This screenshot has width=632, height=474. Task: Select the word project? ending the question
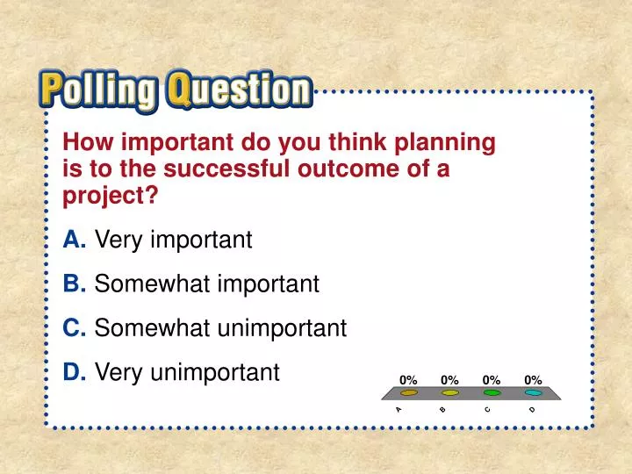click(111, 196)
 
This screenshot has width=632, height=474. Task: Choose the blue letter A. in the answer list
click(75, 239)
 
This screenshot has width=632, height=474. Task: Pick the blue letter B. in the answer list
click(75, 284)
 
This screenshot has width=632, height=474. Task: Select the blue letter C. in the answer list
click(75, 328)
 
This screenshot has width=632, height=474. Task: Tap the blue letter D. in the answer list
click(75, 373)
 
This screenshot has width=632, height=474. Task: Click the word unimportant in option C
click(284, 328)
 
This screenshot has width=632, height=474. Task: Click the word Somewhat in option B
click(152, 284)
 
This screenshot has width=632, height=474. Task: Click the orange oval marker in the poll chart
click(408, 393)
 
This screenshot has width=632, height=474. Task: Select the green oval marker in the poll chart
click(492, 393)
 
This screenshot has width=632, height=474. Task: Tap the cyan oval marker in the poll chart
click(533, 393)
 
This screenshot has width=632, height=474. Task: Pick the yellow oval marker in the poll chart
click(450, 393)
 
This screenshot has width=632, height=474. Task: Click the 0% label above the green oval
click(492, 379)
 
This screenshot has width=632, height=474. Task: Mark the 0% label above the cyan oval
click(533, 379)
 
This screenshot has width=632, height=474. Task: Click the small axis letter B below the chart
click(443, 409)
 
